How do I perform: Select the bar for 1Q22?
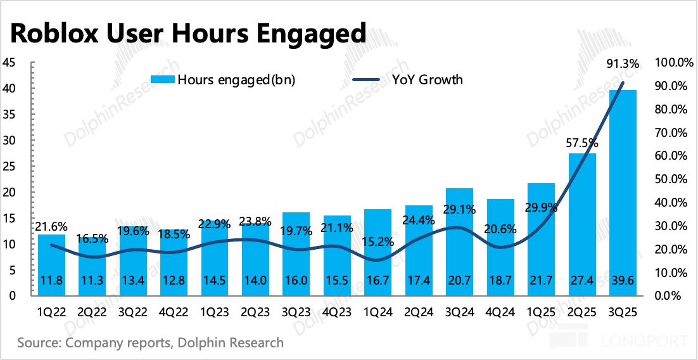tap(51, 263)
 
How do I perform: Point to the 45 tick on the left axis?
tap(10, 63)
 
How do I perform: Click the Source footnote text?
tap(150, 343)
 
